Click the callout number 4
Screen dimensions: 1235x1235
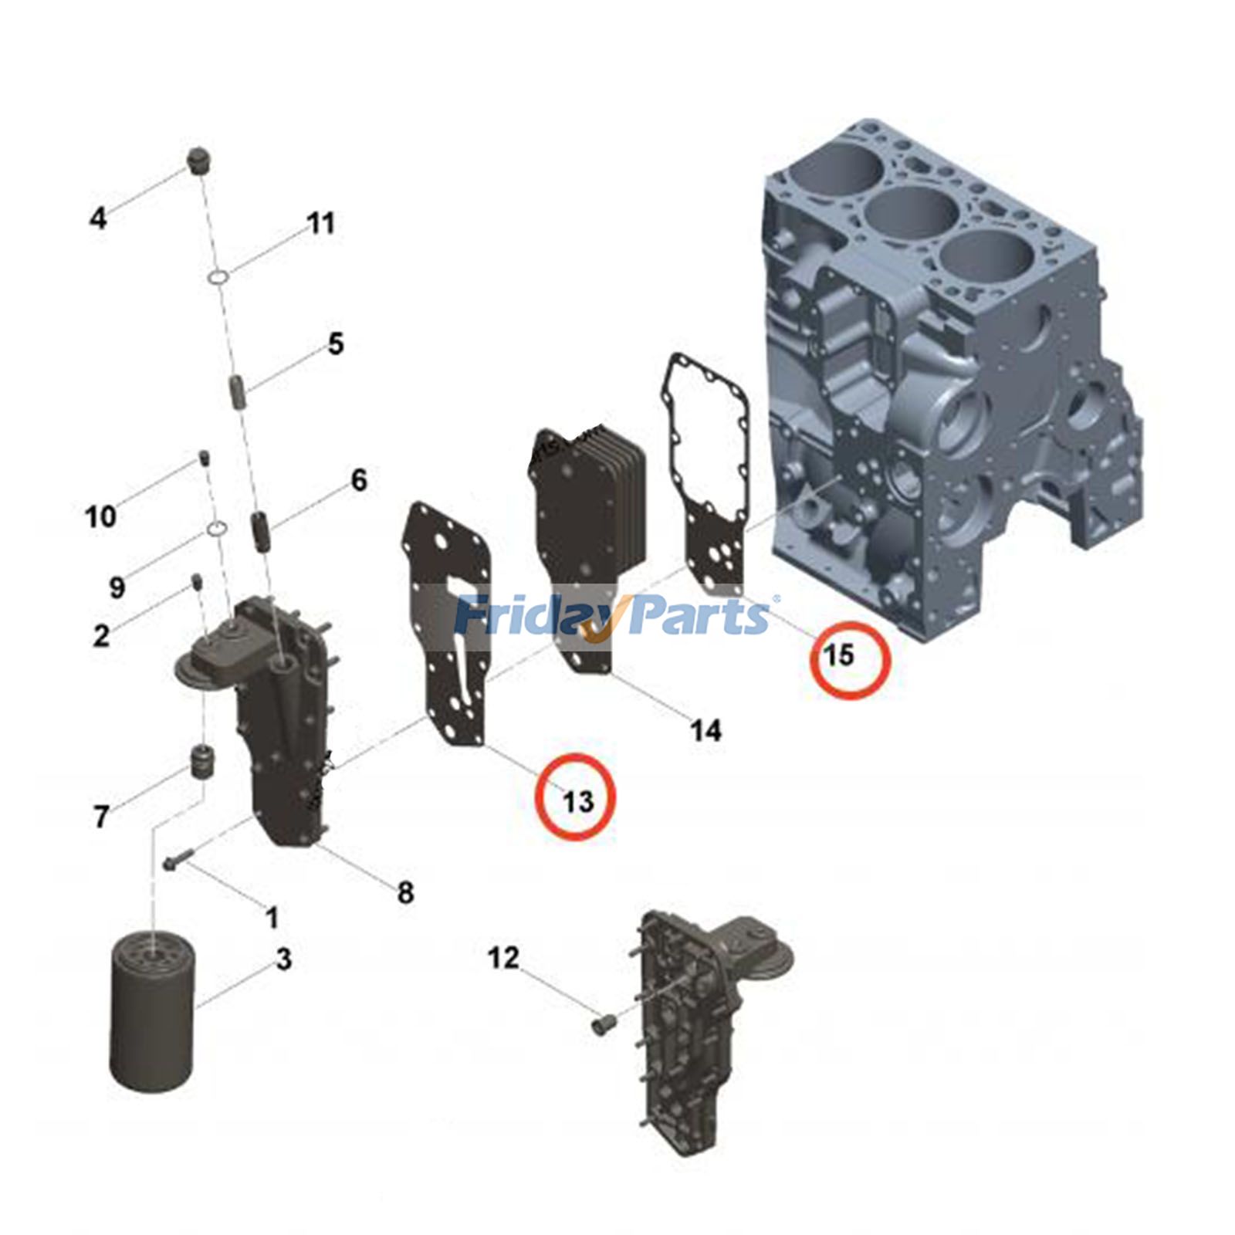pos(97,218)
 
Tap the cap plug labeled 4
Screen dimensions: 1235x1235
pos(200,159)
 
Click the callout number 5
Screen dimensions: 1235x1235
pos(335,343)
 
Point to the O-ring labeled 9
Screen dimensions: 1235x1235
pos(218,528)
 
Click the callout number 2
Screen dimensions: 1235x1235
pos(101,635)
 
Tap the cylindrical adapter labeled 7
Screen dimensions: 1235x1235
pos(202,762)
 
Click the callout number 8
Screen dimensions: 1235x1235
pos(405,892)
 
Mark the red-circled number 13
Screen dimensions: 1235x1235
pos(577,801)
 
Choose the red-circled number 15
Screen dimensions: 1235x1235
pos(839,655)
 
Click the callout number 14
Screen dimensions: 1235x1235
pos(705,729)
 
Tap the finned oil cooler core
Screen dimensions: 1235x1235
pos(587,525)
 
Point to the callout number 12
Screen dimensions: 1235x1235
pos(503,958)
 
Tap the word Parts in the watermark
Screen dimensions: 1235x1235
pos(699,617)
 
